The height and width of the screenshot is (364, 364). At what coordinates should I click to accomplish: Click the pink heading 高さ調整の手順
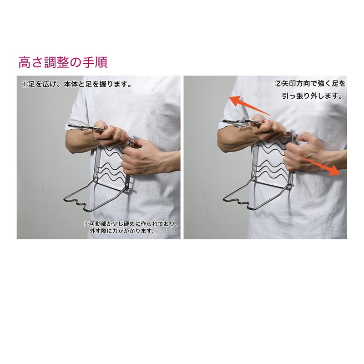tap(63, 62)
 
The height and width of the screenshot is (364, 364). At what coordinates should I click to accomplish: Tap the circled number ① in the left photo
tap(25, 84)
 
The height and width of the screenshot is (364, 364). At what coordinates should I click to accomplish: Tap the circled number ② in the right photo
tap(278, 84)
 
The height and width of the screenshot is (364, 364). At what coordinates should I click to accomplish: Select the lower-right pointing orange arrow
tap(320, 166)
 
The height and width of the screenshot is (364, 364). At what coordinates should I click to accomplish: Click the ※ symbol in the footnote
tap(86, 224)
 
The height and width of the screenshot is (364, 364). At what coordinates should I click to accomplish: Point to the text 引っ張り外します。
tap(313, 96)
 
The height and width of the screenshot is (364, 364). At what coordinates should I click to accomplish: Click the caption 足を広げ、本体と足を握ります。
tap(80, 84)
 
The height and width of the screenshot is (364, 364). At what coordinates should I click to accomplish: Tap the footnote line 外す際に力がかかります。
tap(122, 231)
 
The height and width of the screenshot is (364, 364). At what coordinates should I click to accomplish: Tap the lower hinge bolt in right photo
tap(290, 184)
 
